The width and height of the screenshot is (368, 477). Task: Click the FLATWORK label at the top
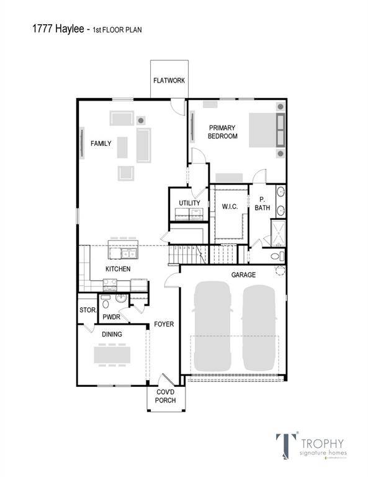[169, 80]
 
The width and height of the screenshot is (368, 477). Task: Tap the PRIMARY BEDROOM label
[222, 132]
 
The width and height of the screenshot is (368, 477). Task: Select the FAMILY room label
[101, 143]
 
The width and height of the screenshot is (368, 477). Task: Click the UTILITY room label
[189, 203]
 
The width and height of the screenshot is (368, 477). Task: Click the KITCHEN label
[117, 269]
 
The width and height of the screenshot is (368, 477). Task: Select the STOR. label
[86, 310]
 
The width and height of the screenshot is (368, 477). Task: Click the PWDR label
[112, 317]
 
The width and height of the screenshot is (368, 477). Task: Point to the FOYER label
[164, 324]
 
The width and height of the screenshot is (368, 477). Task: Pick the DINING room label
[112, 334]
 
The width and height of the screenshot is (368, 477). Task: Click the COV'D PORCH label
[166, 396]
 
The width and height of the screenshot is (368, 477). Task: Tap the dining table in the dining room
[112, 355]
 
